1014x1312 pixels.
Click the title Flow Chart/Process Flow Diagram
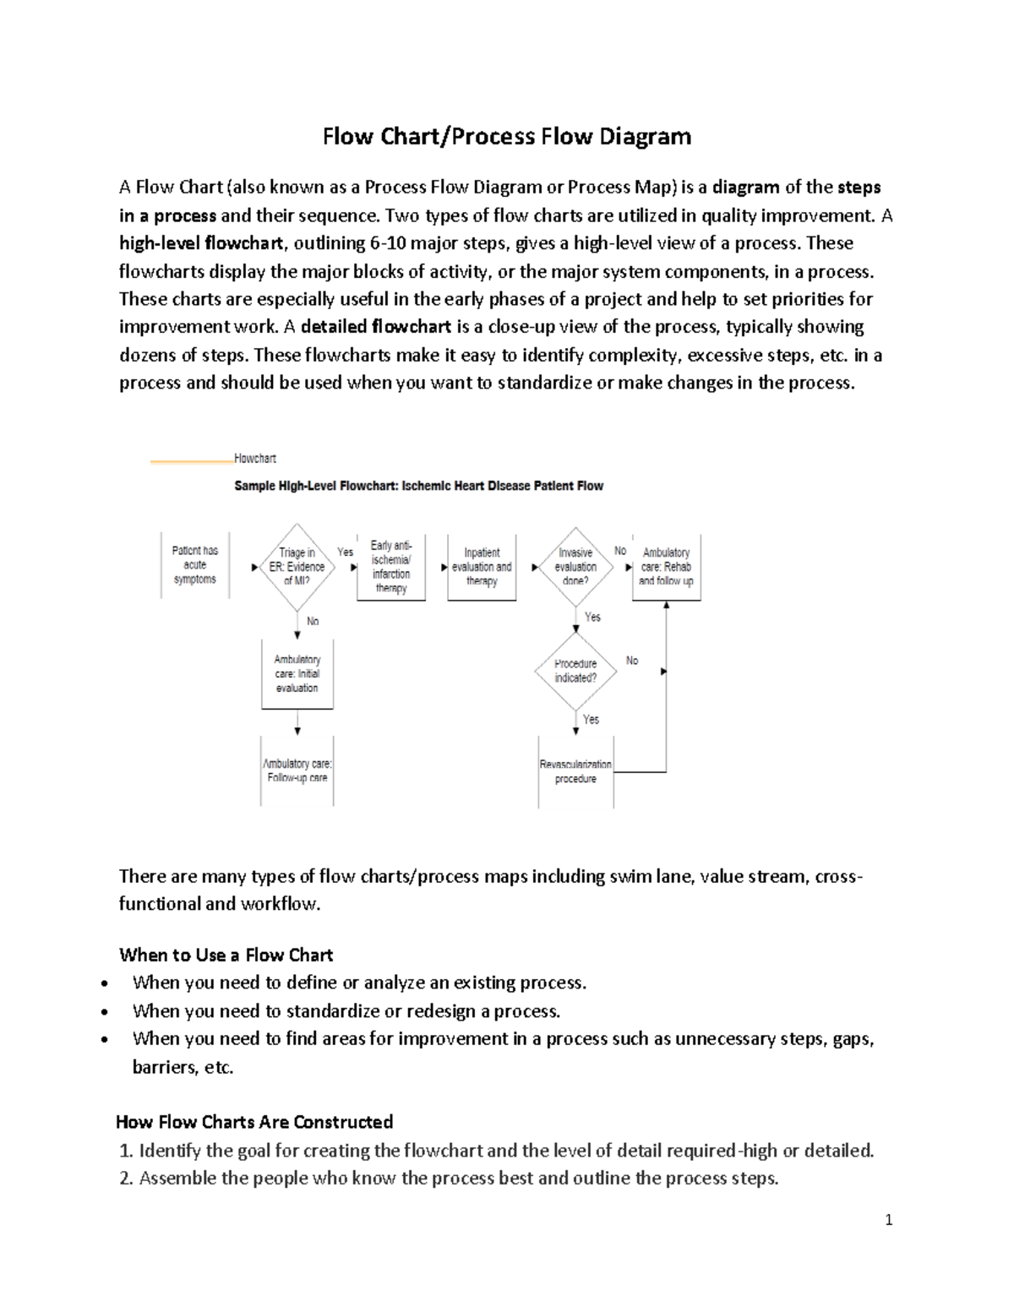(x=506, y=136)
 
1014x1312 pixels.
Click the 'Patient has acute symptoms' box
(x=195, y=565)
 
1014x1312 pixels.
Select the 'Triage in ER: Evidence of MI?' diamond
(x=297, y=567)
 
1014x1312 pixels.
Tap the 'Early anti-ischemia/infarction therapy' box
(x=390, y=567)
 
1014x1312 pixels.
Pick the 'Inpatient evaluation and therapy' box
(x=481, y=567)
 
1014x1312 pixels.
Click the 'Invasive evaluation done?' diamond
(x=575, y=567)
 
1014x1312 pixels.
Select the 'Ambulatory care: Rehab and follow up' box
(x=666, y=567)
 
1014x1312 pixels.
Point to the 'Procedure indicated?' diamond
(x=575, y=671)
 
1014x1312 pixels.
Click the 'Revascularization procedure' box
(x=575, y=771)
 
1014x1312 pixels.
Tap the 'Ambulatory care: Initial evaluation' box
(x=297, y=673)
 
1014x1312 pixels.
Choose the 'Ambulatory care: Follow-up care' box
(x=297, y=770)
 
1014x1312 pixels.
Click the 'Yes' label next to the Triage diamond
(x=346, y=552)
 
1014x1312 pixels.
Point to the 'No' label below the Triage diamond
(x=313, y=621)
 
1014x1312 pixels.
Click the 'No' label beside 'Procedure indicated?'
(x=632, y=661)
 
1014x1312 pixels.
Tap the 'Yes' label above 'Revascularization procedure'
(x=591, y=720)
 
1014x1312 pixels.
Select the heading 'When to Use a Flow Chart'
(x=226, y=955)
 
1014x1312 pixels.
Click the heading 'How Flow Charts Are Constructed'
(x=254, y=1122)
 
